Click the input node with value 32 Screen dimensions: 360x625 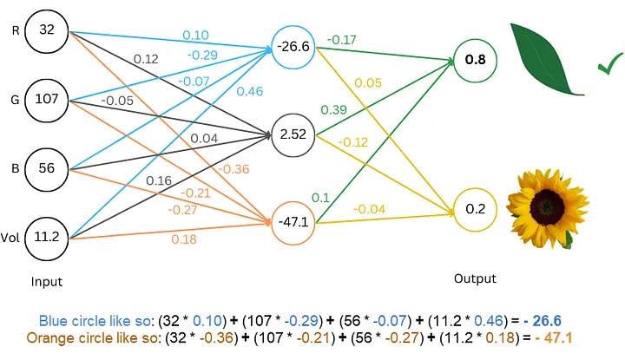[47, 30]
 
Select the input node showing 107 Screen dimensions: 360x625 [47, 98]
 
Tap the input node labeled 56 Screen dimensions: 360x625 [47, 167]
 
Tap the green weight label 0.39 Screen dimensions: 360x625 [334, 110]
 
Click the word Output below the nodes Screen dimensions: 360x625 [475, 278]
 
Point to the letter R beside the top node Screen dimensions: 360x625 [15, 30]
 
